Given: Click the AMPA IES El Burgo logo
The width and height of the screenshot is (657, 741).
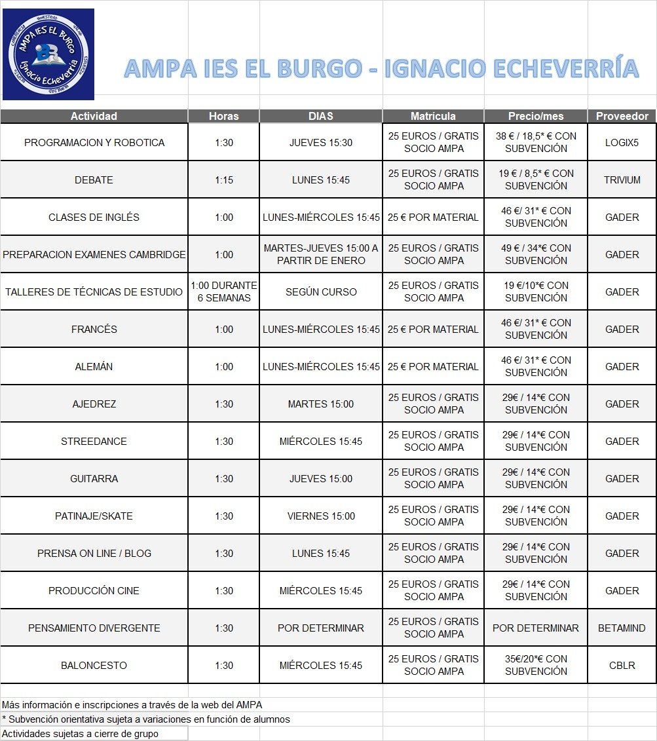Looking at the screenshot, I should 48,54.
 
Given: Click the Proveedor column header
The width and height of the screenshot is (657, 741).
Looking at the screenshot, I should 622,116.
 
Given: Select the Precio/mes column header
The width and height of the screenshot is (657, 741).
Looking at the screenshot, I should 536,116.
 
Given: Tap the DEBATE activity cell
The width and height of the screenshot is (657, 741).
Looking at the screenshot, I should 94,180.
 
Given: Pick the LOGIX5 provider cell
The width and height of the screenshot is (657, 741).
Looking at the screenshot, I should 622,142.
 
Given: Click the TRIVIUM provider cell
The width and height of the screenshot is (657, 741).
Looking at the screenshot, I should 622,180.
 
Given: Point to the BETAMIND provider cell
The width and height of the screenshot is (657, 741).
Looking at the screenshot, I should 622,628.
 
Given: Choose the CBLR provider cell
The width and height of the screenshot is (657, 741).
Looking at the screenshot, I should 622,665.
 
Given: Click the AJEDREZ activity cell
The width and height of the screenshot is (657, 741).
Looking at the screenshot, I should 94,404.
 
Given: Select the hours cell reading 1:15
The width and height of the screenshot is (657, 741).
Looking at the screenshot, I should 223,180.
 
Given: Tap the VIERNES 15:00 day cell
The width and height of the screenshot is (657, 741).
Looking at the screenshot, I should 321,516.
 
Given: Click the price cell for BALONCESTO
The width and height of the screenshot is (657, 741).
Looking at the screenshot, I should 536,665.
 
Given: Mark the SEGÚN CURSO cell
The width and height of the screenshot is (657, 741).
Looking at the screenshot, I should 321,292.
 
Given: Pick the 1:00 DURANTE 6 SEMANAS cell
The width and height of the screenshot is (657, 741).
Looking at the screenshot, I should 223,292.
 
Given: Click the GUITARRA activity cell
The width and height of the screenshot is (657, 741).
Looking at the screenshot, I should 94,478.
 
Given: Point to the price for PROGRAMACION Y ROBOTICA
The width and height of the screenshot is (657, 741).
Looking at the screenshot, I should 536,142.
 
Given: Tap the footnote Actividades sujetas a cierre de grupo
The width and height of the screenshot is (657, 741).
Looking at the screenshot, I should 80,734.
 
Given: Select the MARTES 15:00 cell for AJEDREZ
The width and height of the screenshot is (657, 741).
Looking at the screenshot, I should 321,404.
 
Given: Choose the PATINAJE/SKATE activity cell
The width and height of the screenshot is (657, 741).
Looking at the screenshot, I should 94,516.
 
